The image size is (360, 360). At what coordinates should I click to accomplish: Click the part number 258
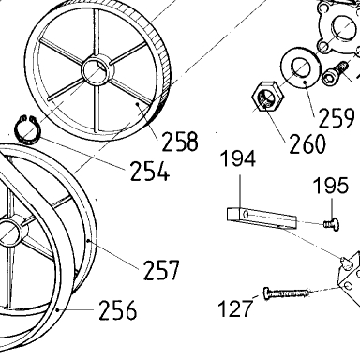[x=180, y=142]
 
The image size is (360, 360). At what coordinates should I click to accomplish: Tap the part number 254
[x=149, y=171]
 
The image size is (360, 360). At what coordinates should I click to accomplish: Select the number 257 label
[x=161, y=270]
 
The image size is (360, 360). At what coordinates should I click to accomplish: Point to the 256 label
[x=117, y=309]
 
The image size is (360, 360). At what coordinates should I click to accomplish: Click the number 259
[x=337, y=117]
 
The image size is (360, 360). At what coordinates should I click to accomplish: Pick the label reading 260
[x=307, y=143]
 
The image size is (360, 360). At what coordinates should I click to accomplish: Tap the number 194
[x=238, y=158]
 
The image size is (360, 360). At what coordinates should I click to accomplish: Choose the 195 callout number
[x=331, y=185]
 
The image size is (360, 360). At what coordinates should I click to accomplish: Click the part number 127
[x=235, y=308]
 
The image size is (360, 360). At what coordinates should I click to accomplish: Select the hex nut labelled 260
[x=268, y=97]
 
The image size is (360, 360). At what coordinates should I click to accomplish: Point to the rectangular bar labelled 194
[x=262, y=218]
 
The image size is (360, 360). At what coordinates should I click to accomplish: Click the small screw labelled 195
[x=332, y=224]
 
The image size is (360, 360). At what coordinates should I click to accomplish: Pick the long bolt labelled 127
[x=286, y=293]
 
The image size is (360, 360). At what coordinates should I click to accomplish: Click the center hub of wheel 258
[x=97, y=69]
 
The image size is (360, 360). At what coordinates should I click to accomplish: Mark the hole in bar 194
[x=246, y=215]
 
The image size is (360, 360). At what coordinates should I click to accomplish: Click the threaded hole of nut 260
[x=265, y=99]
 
